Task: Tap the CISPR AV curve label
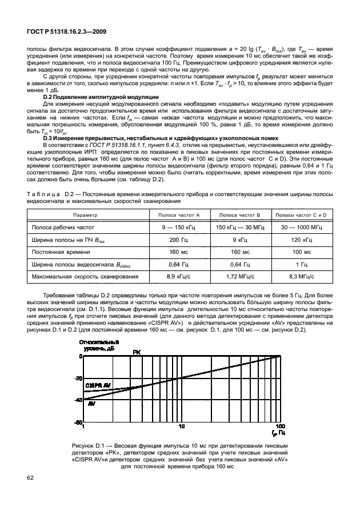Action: pyautogui.click(x=98, y=386)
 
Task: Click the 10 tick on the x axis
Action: pyautogui.click(x=182, y=427)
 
